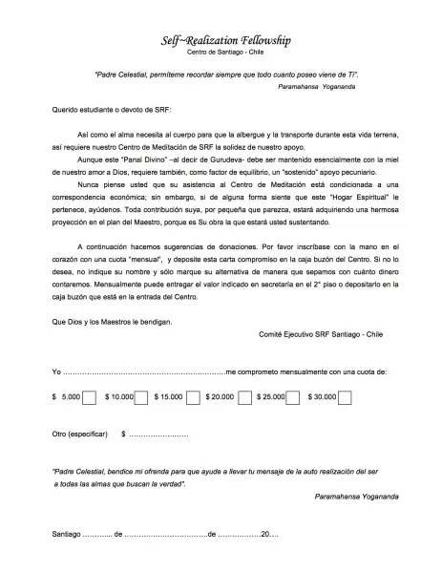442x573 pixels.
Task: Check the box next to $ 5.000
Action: tap(89, 396)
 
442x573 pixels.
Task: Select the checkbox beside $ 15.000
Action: tap(192, 396)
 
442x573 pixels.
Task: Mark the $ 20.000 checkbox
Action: tap(242, 396)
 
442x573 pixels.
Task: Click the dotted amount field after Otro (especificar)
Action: tap(158, 435)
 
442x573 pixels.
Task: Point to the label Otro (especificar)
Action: tap(80, 435)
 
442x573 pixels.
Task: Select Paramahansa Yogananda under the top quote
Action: tap(339, 86)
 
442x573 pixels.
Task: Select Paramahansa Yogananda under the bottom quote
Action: tap(356, 497)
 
